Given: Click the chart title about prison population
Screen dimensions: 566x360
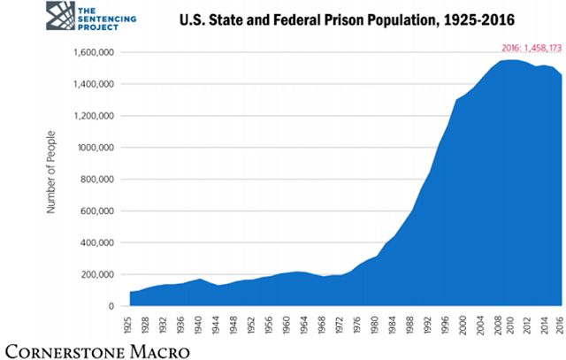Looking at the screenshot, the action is (347, 19).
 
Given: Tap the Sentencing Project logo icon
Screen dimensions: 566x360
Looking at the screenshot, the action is (60, 16).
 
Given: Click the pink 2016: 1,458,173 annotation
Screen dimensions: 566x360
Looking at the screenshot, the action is (532, 48).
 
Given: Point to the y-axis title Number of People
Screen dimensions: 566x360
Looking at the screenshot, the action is (51, 172).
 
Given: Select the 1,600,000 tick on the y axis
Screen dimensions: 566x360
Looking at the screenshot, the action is (94, 53).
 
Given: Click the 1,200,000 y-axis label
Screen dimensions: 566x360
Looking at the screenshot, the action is (94, 116).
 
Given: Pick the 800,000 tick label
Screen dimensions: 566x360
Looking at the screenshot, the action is (97, 180).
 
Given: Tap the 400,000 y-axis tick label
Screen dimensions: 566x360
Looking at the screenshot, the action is (97, 242).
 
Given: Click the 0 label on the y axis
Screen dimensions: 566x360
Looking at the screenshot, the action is (111, 306).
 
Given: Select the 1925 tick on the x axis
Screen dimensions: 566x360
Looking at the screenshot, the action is (127, 325).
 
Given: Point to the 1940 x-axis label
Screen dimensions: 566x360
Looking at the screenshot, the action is (198, 325).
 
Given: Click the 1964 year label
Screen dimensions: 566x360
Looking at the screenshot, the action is (303, 325).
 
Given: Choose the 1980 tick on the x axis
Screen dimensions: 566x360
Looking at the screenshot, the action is (374, 325).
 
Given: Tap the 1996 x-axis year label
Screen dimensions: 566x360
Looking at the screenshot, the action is (445, 325).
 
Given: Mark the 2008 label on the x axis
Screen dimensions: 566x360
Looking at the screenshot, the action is (498, 325).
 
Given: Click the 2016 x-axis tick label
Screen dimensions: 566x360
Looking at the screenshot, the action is (560, 325).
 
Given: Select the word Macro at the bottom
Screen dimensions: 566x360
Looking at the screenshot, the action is (160, 352).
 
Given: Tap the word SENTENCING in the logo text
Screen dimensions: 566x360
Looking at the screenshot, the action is (107, 19).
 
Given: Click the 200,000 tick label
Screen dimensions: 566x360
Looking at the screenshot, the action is (97, 274).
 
